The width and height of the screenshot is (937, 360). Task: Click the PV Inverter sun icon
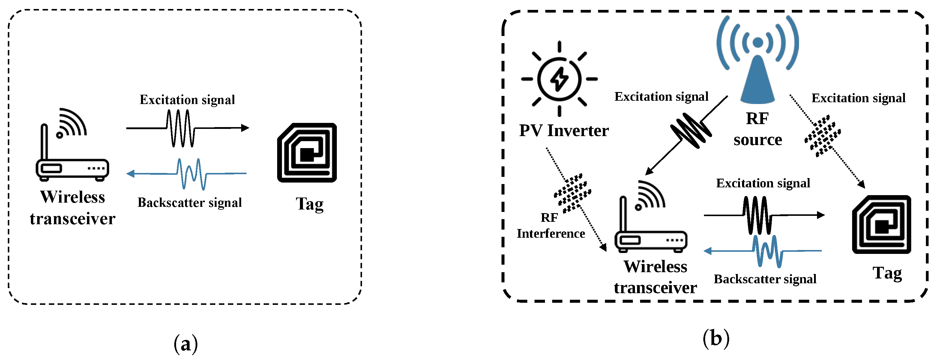[559, 79]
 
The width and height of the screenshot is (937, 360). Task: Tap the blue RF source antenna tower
[758, 73]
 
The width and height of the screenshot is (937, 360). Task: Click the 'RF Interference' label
[551, 225]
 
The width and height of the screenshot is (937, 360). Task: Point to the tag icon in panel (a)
[307, 153]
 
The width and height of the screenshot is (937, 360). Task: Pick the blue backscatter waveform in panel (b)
[768, 251]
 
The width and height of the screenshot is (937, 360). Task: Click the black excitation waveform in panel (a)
[180, 128]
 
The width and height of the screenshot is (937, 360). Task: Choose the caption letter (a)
[186, 343]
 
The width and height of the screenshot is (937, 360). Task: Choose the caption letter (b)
[716, 338]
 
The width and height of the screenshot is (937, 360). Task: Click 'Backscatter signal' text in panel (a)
[190, 203]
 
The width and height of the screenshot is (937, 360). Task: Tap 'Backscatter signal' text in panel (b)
[765, 279]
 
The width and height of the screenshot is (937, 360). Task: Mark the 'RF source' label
[758, 129]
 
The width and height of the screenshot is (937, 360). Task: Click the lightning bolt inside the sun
[559, 79]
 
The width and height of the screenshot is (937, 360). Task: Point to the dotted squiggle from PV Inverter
[573, 193]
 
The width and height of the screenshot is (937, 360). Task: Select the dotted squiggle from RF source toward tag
[823, 135]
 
